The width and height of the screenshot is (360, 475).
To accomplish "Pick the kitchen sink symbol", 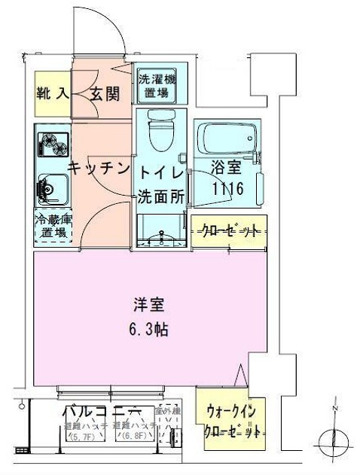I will coord(51,186).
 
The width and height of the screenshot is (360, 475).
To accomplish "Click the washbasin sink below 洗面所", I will coord(160,233).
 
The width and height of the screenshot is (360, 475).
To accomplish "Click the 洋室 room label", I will coord(150,306).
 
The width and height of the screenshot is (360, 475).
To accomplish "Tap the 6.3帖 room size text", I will coord(150,329).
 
